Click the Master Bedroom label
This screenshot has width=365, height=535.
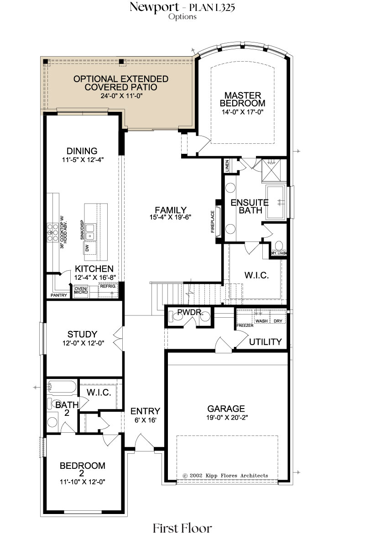coord(243,100)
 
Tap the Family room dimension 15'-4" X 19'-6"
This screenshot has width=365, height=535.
coord(170,217)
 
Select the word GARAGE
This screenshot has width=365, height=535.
coord(226,409)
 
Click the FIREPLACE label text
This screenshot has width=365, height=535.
coord(213,222)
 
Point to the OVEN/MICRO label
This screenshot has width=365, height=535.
coord(81,290)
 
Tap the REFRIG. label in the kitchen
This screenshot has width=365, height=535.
coord(108,286)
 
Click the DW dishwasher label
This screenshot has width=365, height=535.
coord(87,248)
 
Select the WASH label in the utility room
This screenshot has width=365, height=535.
coord(261,321)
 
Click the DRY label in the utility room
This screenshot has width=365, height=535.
coord(278,321)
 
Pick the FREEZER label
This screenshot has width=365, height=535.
coord(245,325)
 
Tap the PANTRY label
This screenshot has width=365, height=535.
coord(59,295)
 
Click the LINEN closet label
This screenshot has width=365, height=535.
coord(227,166)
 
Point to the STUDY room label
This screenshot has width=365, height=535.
coord(82,334)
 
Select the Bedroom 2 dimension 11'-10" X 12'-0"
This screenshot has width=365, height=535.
coord(82,482)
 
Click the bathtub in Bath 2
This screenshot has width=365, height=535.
coord(62,387)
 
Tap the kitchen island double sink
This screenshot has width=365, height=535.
coord(90,232)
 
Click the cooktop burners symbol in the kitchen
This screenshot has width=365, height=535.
coord(52,232)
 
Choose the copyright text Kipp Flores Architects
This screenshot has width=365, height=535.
coord(225,475)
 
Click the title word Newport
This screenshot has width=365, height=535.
coord(154,7)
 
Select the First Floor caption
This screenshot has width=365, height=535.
coord(182,528)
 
